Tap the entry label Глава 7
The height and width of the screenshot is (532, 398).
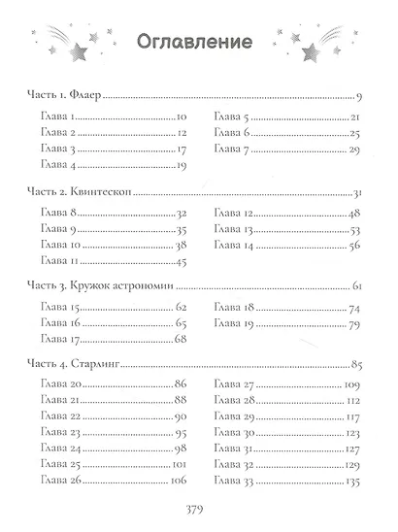(x=233, y=150)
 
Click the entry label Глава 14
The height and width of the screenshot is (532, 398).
(x=235, y=246)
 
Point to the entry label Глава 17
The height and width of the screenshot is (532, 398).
(x=61, y=340)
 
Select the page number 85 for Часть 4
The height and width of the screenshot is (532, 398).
(x=355, y=364)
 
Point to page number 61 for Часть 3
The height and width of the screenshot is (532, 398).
(x=356, y=287)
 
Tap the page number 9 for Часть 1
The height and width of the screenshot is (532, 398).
(x=358, y=98)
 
